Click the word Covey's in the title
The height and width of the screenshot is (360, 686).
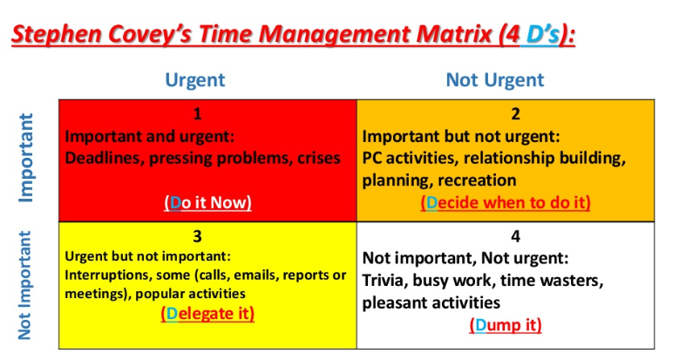click(x=150, y=34)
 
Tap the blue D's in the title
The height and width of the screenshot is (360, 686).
click(x=542, y=34)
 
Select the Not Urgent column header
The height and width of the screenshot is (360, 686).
click(x=495, y=80)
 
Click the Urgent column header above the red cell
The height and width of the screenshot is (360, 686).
click(x=195, y=80)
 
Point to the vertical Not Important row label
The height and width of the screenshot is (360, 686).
click(x=25, y=285)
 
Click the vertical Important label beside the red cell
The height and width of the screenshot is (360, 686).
click(x=26, y=158)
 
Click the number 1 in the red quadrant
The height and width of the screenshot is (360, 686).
click(x=197, y=114)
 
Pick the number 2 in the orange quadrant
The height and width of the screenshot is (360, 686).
click(x=515, y=114)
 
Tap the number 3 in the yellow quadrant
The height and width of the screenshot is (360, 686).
click(x=197, y=236)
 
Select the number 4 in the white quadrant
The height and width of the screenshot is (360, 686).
click(x=515, y=236)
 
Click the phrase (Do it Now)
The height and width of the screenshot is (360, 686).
click(x=207, y=202)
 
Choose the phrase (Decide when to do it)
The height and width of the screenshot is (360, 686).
click(x=506, y=202)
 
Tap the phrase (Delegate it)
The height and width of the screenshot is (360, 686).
click(x=207, y=314)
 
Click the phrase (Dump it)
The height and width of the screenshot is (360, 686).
click(x=506, y=325)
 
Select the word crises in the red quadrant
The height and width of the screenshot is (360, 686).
click(x=319, y=159)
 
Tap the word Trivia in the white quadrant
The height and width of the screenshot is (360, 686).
click(x=383, y=281)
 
